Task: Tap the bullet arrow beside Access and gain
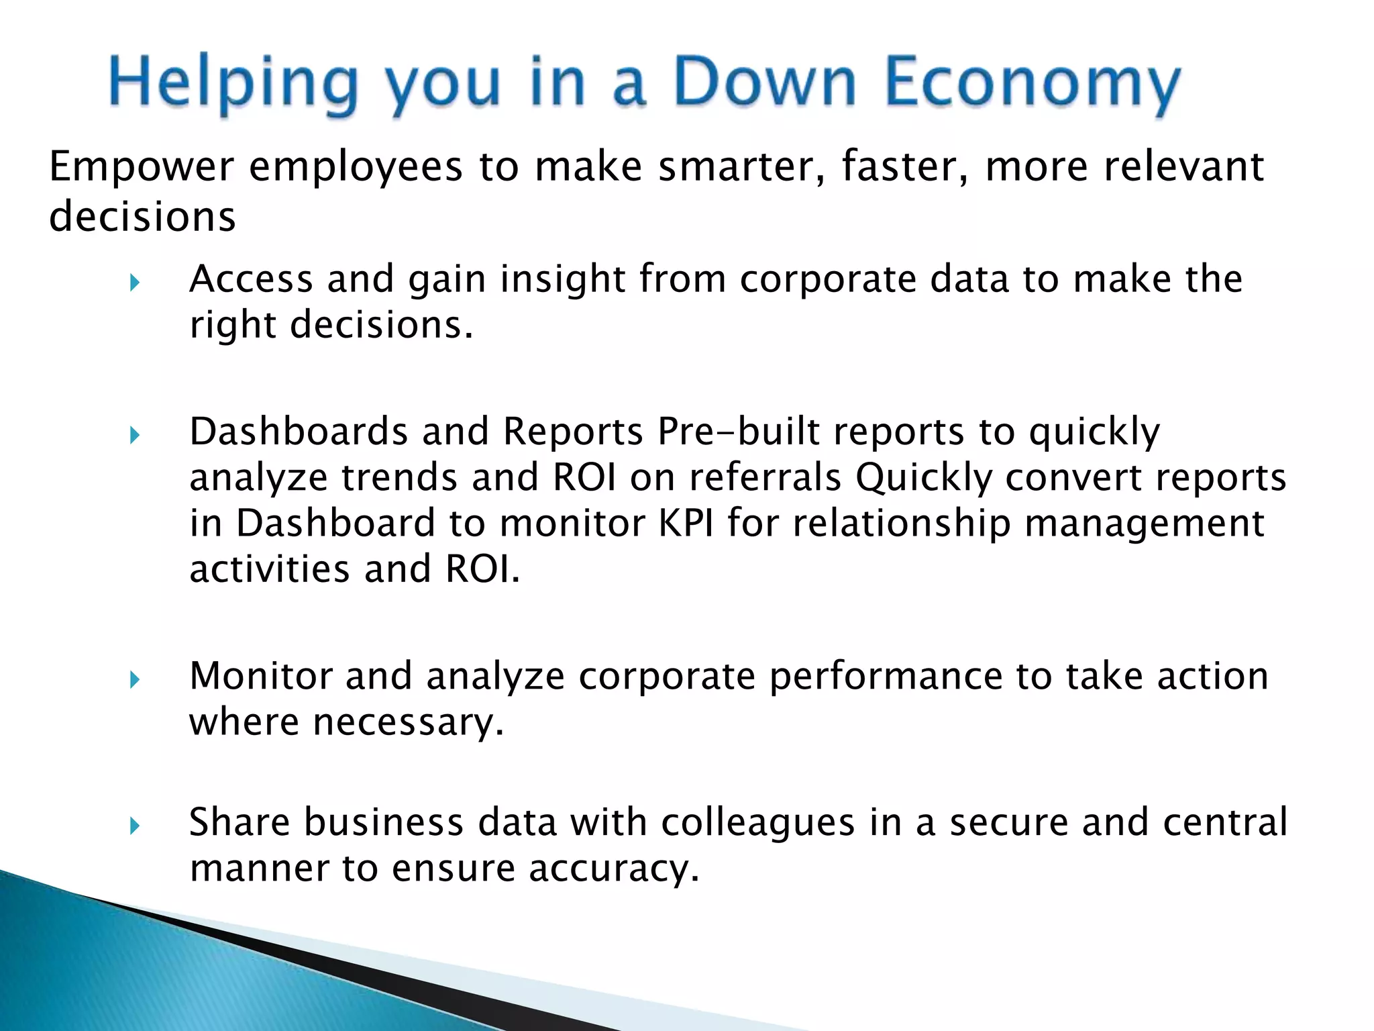pyautogui.click(x=134, y=283)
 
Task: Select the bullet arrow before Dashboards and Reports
pyautogui.click(x=134, y=436)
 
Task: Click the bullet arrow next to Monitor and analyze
pyautogui.click(x=134, y=680)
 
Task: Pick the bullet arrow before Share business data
pyautogui.click(x=134, y=826)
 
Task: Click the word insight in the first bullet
pyautogui.click(x=563, y=279)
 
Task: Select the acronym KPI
pyautogui.click(x=685, y=523)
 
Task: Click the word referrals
pyautogui.click(x=765, y=477)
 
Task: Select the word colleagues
pyautogui.click(x=758, y=824)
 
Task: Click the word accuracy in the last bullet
pyautogui.click(x=614, y=869)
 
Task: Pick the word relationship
pyautogui.click(x=902, y=524)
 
